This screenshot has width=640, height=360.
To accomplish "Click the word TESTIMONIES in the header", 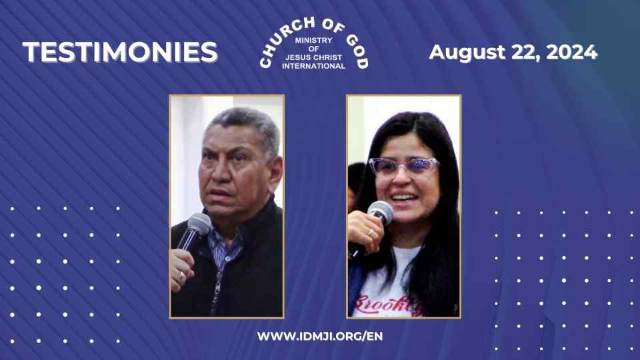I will [x=120, y=52].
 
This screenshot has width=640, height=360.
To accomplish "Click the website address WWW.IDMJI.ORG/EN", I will [x=320, y=336].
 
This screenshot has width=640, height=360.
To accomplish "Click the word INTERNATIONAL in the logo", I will [x=313, y=66].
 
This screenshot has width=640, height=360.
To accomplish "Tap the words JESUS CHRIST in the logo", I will [x=313, y=58].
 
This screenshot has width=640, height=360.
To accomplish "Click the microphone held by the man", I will [x=197, y=227].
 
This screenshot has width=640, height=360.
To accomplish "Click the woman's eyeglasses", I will [x=403, y=166].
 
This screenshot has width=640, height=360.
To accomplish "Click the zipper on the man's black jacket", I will [x=215, y=287].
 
